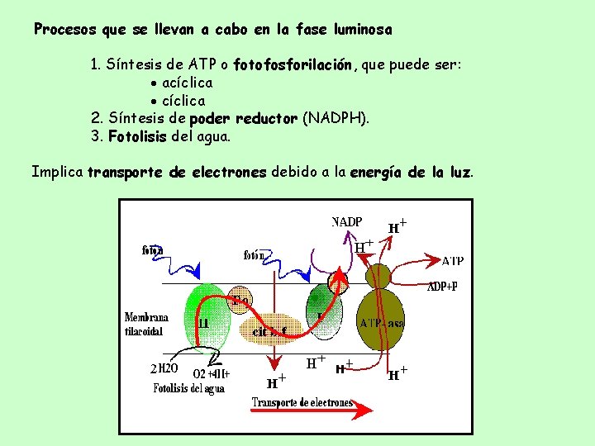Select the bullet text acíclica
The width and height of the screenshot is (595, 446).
pos(187,83)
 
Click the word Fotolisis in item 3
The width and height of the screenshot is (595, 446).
pos(137,137)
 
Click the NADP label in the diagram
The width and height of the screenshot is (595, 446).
pos(347,221)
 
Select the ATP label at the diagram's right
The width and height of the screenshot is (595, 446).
pos(452,261)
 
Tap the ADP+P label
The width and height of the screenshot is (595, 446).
pos(442,287)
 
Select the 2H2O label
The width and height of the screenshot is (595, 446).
pos(165,368)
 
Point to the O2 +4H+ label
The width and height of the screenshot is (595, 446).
pos(211,373)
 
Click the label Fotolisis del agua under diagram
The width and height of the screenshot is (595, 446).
pos(188,388)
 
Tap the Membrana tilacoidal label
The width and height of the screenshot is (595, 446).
pos(146,324)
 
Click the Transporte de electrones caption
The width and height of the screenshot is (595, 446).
pos(302,403)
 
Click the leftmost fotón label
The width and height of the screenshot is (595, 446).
pos(152,249)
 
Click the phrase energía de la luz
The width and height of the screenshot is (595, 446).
pos(411,173)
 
